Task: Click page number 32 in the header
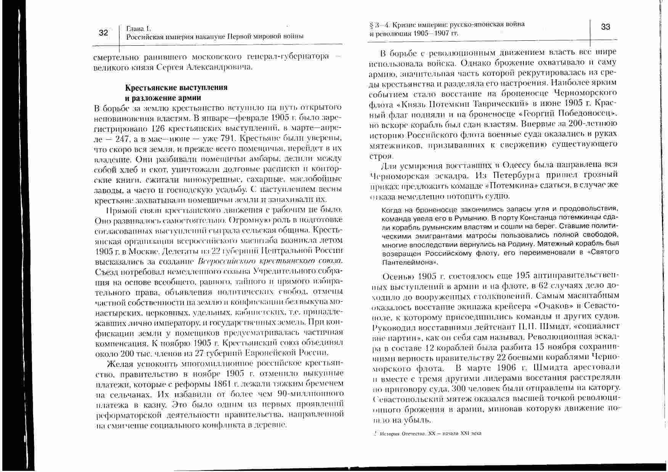coord(103,33)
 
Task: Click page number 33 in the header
coord(605,27)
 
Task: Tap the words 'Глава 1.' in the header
coord(139,29)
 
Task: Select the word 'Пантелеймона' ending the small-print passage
coord(408,263)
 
